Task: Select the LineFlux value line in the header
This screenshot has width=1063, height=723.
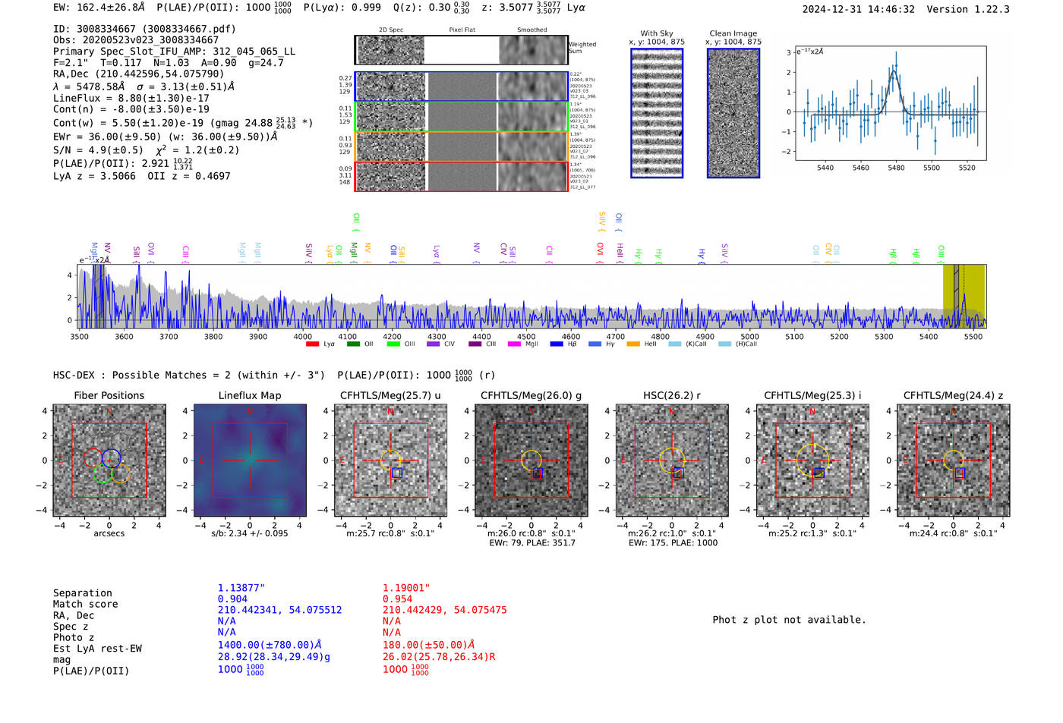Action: tap(131, 98)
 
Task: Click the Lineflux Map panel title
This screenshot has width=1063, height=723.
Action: tap(249, 395)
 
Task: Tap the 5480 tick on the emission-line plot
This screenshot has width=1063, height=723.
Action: tap(896, 168)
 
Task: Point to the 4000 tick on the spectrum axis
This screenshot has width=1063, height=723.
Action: tap(303, 336)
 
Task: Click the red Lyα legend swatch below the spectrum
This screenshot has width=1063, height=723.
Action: tap(312, 344)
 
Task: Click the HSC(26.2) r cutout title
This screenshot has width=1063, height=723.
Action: tap(671, 395)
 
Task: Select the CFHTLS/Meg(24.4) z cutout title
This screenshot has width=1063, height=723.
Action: tap(953, 395)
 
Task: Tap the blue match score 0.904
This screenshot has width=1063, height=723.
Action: tap(232, 599)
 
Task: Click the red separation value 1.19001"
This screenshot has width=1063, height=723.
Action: tap(406, 587)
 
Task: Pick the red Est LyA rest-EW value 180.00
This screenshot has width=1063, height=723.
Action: tap(428, 645)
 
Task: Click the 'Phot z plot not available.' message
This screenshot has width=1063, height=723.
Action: tap(789, 620)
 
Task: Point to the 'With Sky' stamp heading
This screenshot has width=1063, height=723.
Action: tap(656, 33)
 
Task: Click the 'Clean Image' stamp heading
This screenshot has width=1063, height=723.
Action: tap(733, 33)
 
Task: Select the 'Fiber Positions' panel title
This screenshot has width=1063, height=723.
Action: tap(109, 395)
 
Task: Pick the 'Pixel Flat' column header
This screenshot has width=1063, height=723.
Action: tap(462, 30)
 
